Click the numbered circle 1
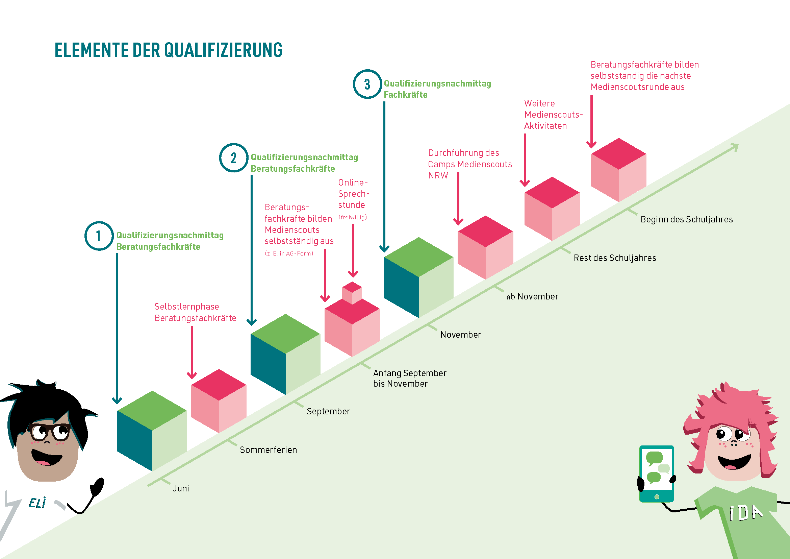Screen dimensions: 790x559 (x=99, y=236)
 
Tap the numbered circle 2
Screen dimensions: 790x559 (x=234, y=157)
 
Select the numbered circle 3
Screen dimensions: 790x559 (x=367, y=84)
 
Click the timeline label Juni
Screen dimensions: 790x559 (x=181, y=488)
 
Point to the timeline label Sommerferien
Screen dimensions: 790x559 (x=269, y=450)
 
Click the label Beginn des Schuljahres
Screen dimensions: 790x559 (x=686, y=220)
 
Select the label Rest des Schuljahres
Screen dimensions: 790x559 (x=615, y=258)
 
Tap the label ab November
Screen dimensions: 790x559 (x=532, y=296)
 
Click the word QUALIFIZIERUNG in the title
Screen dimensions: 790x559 (x=223, y=50)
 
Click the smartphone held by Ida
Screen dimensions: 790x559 (x=656, y=473)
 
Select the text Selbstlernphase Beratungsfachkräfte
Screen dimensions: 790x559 (x=196, y=312)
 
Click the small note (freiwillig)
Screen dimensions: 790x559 (x=353, y=217)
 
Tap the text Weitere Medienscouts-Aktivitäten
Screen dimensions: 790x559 (x=553, y=115)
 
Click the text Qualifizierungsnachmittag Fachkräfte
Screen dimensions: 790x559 (x=437, y=89)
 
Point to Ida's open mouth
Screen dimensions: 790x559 (x=734, y=462)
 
